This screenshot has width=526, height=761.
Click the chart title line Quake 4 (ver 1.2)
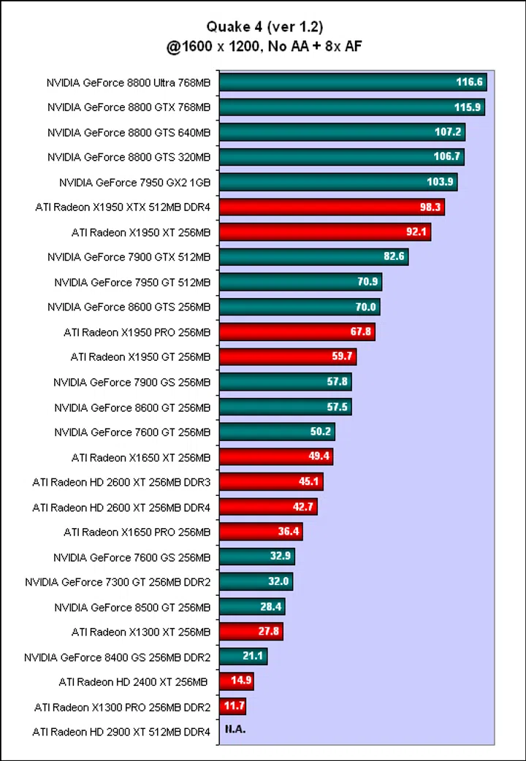[264, 28]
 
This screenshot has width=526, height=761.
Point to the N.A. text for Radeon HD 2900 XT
[235, 730]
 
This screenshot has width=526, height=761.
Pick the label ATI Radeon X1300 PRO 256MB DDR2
[122, 707]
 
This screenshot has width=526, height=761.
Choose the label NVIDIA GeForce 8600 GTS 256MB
[129, 307]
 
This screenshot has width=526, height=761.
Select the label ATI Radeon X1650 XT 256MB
[141, 457]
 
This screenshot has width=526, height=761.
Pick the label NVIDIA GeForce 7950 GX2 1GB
[134, 183]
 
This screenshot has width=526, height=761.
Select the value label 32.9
[281, 557]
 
